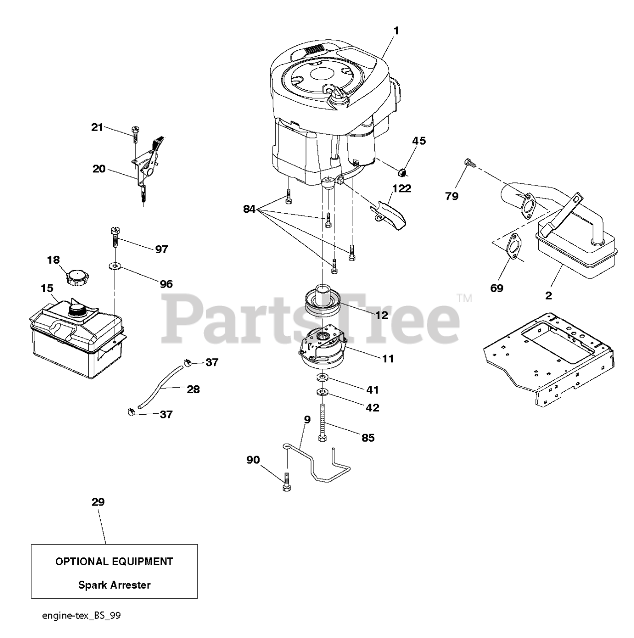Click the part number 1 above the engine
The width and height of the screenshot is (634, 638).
tap(396, 31)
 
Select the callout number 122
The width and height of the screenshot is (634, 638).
tap(402, 188)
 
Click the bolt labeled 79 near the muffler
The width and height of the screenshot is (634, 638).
tap(469, 162)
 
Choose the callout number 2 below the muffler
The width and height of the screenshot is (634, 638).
tap(548, 296)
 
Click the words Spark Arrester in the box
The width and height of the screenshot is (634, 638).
tap(114, 585)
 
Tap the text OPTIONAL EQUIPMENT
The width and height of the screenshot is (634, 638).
tap(114, 562)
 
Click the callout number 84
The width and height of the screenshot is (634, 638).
tap(249, 210)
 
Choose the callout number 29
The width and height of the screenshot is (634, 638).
tap(98, 502)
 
